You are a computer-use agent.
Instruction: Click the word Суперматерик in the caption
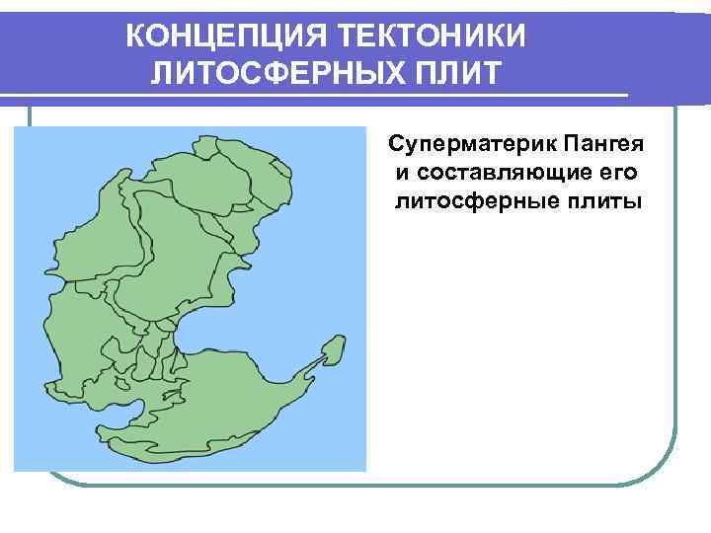[x=473, y=147]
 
